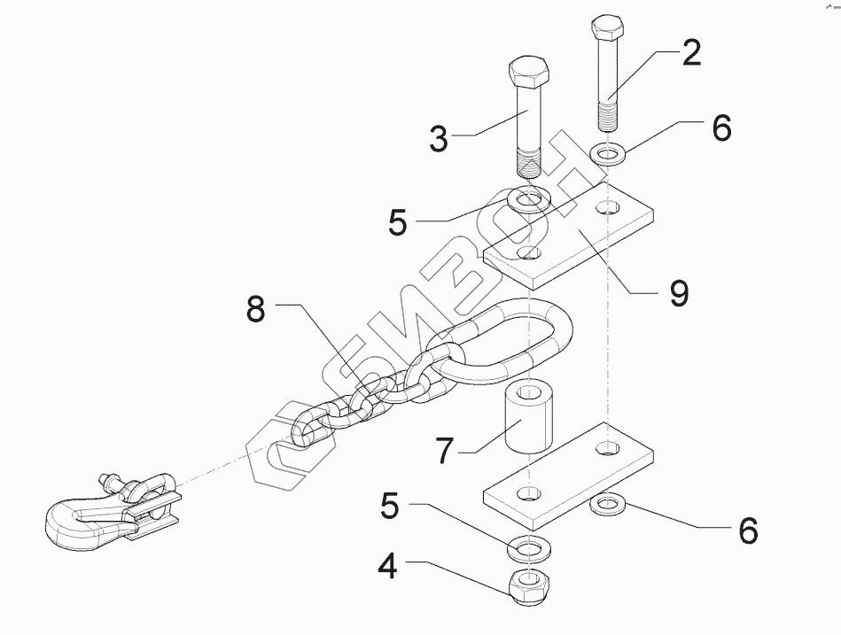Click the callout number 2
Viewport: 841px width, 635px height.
point(689,54)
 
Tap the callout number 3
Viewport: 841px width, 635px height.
point(439,140)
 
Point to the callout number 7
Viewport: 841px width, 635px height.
point(446,451)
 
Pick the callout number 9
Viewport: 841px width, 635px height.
point(679,292)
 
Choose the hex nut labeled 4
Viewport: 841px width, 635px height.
point(528,587)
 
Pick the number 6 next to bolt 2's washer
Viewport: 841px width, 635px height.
point(721,129)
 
